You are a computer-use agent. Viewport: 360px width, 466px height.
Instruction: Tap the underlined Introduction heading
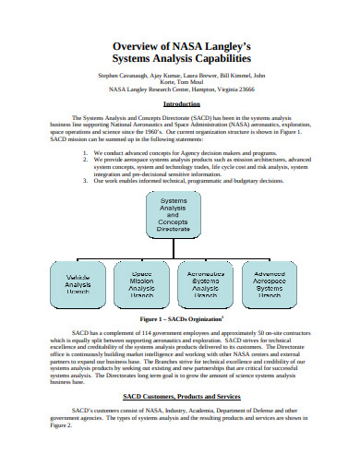pos(181,104)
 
